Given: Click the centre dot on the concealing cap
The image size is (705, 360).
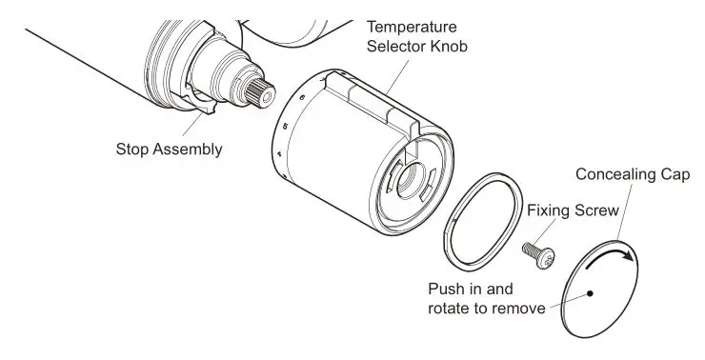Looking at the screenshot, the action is (x=592, y=293).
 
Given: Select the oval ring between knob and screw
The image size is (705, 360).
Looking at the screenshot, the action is (x=483, y=227).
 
